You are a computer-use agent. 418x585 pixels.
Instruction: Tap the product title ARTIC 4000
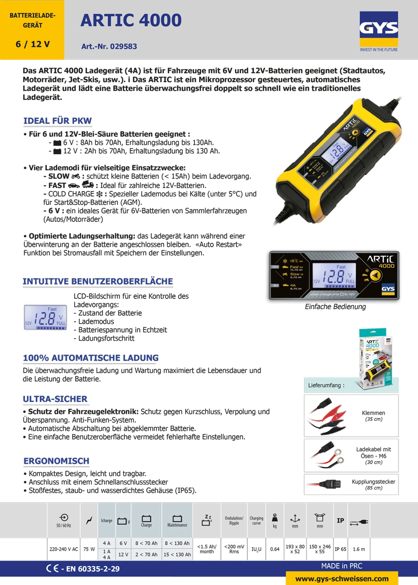[131, 20]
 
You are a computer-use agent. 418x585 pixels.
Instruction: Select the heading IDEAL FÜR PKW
[58, 121]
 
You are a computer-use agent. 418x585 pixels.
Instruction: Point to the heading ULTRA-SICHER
[55, 399]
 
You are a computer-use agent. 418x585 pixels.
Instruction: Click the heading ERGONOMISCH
[57, 461]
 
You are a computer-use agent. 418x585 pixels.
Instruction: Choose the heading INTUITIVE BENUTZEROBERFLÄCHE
[98, 282]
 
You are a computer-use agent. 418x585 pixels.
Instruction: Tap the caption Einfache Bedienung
[335, 307]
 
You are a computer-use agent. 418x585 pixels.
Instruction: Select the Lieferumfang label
[326, 385]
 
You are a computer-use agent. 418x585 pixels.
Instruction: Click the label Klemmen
[373, 413]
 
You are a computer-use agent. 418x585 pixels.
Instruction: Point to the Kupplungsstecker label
[373, 482]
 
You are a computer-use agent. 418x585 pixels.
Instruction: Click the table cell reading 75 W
[89, 549]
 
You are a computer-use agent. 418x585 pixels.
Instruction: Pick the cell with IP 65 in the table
[340, 549]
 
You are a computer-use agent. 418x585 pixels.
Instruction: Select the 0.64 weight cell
[275, 549]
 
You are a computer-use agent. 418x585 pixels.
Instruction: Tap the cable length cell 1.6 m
[359, 549]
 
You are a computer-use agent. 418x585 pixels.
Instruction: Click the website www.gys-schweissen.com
[342, 579]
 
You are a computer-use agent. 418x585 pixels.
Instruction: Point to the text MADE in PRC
[341, 566]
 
